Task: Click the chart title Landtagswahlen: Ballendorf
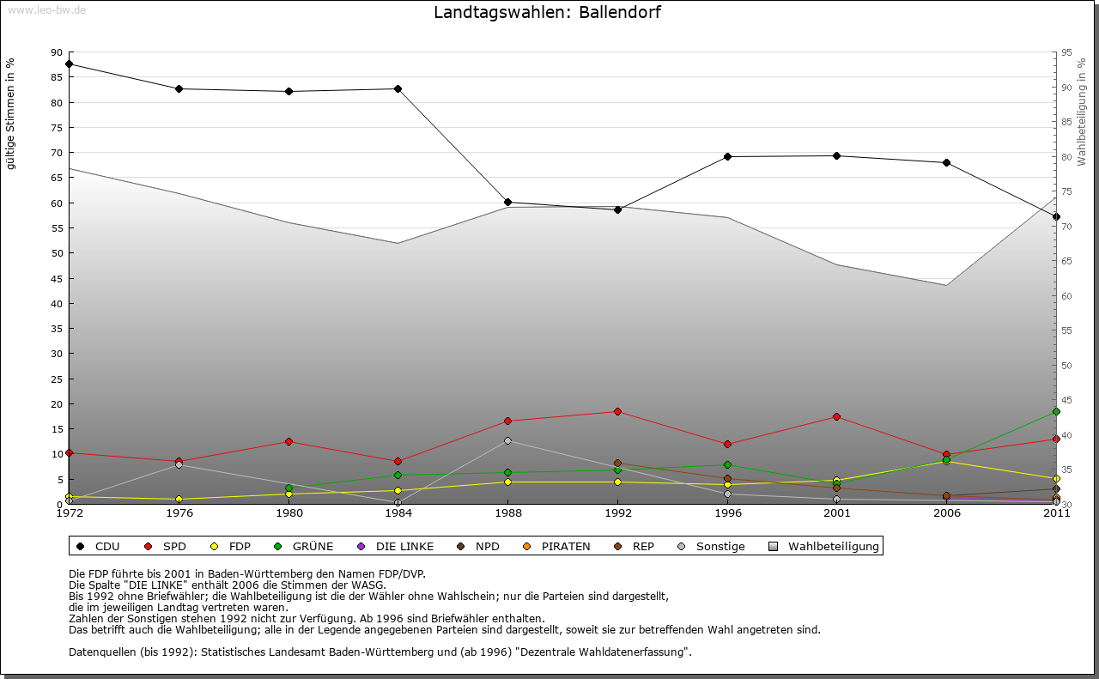pyautogui.click(x=547, y=13)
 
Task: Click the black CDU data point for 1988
pyautogui.click(x=508, y=203)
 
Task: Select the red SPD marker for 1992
pyautogui.click(x=618, y=412)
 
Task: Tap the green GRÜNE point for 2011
pyautogui.click(x=1056, y=412)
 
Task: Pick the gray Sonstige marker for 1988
pyautogui.click(x=508, y=441)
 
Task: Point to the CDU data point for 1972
pyautogui.click(x=70, y=64)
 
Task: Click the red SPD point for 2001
pyautogui.click(x=837, y=417)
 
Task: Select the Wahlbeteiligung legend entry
pyautogui.click(x=824, y=546)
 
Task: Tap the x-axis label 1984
pyautogui.click(x=398, y=514)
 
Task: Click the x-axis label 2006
pyautogui.click(x=947, y=514)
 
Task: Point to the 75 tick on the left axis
pyautogui.click(x=57, y=128)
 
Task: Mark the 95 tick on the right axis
pyautogui.click(x=1066, y=52)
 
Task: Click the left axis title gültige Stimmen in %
pyautogui.click(x=11, y=114)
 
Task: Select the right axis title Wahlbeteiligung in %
pyautogui.click(x=1082, y=112)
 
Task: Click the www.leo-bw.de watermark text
pyautogui.click(x=46, y=9)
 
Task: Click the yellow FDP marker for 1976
pyautogui.click(x=179, y=500)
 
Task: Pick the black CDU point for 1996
pyautogui.click(x=728, y=157)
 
